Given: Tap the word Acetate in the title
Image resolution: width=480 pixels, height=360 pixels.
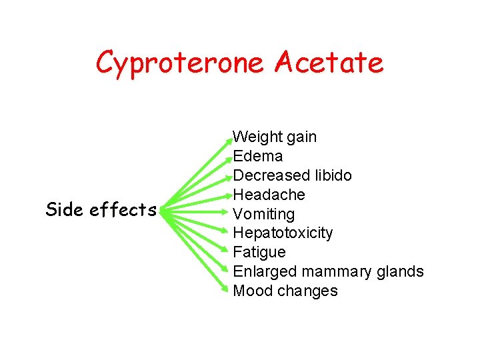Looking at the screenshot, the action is pyautogui.click(x=329, y=63).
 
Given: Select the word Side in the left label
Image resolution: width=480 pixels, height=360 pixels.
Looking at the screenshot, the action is pyautogui.click(x=64, y=209).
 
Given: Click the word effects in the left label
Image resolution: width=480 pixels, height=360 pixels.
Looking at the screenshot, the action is pyautogui.click(x=123, y=209).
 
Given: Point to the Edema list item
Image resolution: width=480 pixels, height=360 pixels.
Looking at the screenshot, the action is pyautogui.click(x=258, y=156).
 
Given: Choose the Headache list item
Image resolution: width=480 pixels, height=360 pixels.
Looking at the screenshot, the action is pyautogui.click(x=269, y=195).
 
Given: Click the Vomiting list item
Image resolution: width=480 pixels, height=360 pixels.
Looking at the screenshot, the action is pyautogui.click(x=263, y=214).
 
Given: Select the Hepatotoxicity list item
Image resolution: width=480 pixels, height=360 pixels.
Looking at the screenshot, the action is pyautogui.click(x=283, y=233).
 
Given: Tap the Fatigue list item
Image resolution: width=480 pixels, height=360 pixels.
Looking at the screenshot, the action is pyautogui.click(x=259, y=252).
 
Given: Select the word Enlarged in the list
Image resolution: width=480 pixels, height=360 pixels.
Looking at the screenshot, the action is pyautogui.click(x=265, y=271).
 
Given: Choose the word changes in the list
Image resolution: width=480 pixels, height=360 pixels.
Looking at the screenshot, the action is pyautogui.click(x=307, y=291).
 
